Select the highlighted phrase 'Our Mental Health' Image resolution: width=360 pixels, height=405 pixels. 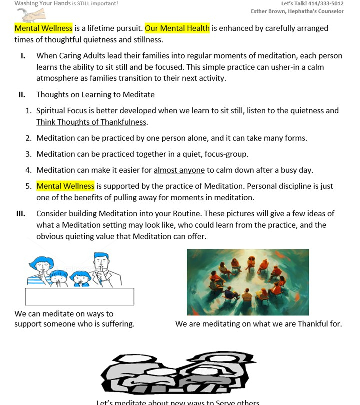pos(177,28)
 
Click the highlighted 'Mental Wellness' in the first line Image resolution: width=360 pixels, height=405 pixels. pos(43,28)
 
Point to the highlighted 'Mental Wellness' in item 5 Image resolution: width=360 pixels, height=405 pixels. pos(65,186)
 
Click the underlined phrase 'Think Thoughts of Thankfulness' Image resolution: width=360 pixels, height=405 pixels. pos(92,122)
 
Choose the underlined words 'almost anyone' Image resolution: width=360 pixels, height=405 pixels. pos(179,170)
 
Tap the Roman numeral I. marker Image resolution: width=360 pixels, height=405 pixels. pos(23,56)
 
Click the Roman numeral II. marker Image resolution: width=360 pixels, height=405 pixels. pos(22,94)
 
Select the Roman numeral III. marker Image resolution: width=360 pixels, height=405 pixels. pos(21,213)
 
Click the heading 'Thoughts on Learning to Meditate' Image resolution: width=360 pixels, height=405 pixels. pos(95,94)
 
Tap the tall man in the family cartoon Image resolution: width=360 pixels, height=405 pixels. pos(102,267)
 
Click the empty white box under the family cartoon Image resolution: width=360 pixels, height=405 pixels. pos(79,296)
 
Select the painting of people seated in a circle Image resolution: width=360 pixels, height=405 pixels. pos(247,282)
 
